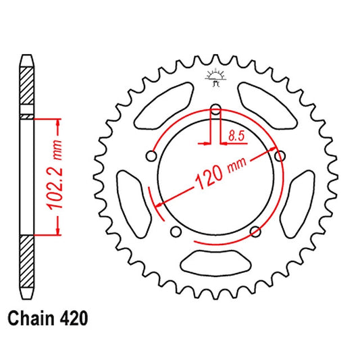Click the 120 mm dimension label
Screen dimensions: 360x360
pyautogui.click(x=221, y=174)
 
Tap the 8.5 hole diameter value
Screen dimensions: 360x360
pyautogui.click(x=236, y=136)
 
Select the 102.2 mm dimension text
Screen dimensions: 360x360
pyautogui.click(x=55, y=174)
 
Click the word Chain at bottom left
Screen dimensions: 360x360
pyautogui.click(x=30, y=318)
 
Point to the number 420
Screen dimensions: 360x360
pyautogui.click(x=74, y=318)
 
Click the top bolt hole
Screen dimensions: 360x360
pyautogui.click(x=215, y=109)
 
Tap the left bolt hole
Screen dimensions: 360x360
pyautogui.click(x=151, y=156)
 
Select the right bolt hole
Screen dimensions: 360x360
pyautogui.click(x=280, y=156)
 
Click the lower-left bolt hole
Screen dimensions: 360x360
pyautogui.click(x=176, y=232)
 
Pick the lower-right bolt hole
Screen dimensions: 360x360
pyautogui.click(x=255, y=232)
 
